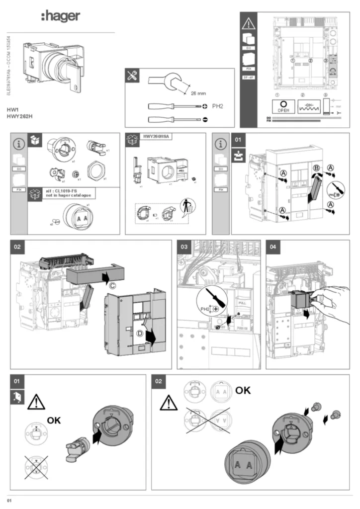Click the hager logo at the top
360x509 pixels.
(60, 16)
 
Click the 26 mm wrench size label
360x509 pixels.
(198, 93)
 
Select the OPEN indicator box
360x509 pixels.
(283, 106)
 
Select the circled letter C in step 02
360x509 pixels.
(112, 285)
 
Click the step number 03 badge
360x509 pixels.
(184, 246)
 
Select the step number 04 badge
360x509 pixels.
(273, 246)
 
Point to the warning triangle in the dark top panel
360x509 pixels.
(248, 23)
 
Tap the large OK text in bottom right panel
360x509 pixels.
(243, 390)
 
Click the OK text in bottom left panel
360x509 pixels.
(54, 421)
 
